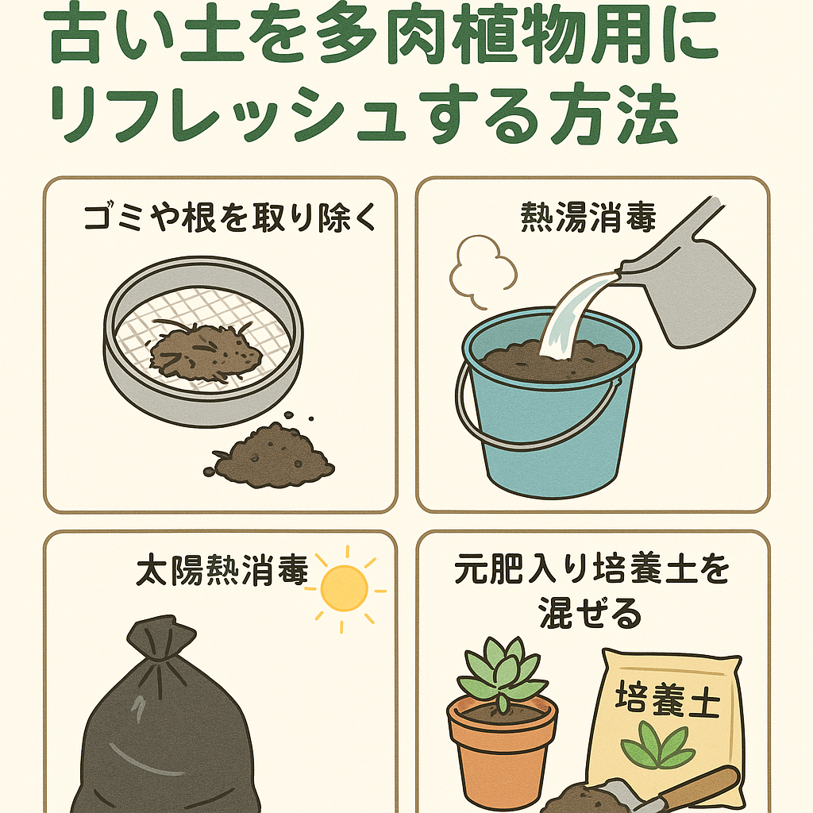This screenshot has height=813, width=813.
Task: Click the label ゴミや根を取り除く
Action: tap(229, 217)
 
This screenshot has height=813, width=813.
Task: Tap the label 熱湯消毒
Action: tap(588, 217)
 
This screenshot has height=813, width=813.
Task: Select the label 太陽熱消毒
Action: tap(222, 570)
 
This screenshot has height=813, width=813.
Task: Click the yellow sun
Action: tap(345, 589)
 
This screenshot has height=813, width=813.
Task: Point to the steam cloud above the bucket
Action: tap(482, 270)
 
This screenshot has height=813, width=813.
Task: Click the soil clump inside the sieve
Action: tap(205, 352)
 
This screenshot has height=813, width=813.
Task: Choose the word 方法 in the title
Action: tap(615, 116)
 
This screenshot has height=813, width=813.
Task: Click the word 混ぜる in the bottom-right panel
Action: tap(590, 613)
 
